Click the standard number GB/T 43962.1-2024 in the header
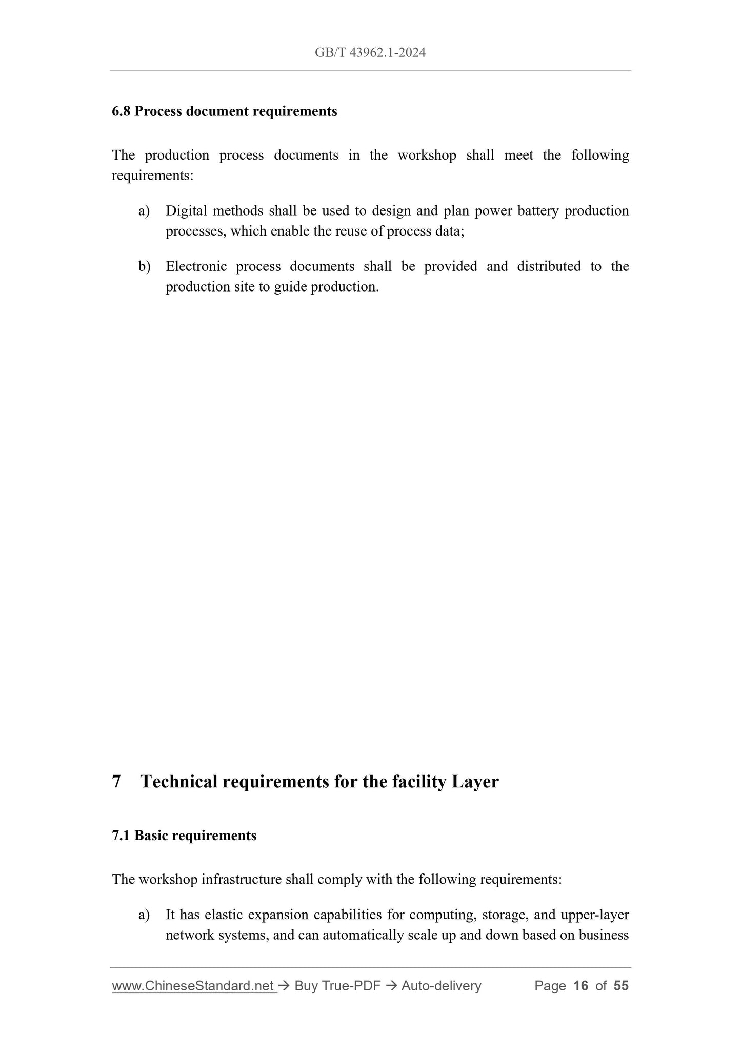[x=370, y=52]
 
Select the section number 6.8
[x=122, y=111]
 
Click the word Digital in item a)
[x=186, y=211]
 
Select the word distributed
[x=549, y=266]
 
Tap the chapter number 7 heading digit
[x=116, y=782]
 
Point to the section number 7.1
[x=122, y=836]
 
